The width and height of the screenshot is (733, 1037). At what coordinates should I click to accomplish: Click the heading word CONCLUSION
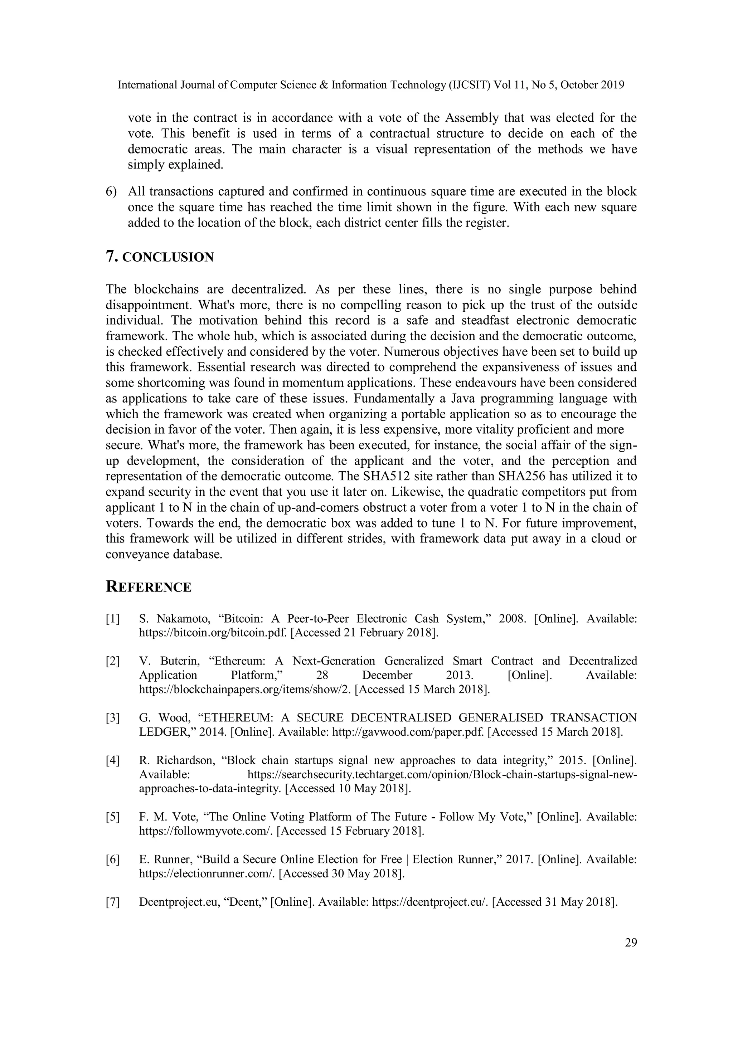click(168, 257)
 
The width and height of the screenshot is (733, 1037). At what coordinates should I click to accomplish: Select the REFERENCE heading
click(149, 587)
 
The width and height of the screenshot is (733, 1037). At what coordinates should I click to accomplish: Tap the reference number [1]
click(113, 619)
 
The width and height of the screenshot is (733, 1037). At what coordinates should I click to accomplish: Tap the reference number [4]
click(113, 761)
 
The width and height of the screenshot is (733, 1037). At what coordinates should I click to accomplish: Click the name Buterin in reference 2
click(180, 661)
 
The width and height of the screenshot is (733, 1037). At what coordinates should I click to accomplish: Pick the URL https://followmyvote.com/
click(205, 831)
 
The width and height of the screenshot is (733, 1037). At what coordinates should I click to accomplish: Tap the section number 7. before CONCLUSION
click(112, 257)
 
